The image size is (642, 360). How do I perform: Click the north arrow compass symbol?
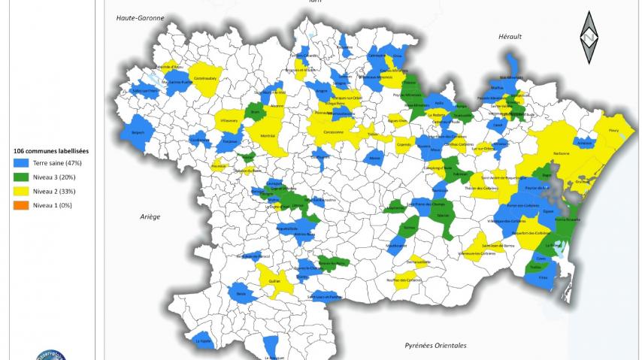(x=590, y=38)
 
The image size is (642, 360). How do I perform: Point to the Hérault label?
(x=510, y=36)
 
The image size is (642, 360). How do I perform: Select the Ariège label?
(x=150, y=216)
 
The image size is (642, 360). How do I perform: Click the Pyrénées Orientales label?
(x=436, y=346)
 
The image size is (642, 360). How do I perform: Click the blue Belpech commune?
(x=136, y=131)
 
